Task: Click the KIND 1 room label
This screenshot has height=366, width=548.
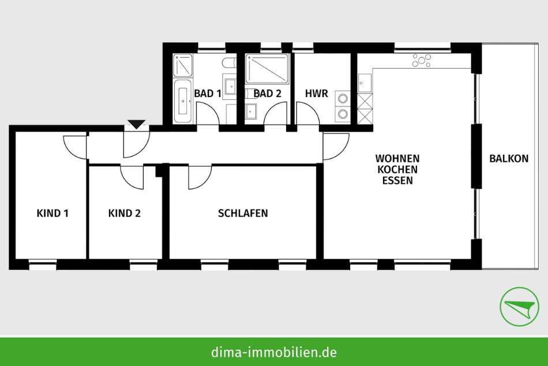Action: click(x=52, y=213)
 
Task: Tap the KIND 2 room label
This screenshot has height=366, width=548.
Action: click(x=125, y=213)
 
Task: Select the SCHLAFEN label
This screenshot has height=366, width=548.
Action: click(x=243, y=213)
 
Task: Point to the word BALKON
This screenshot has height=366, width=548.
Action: click(x=509, y=159)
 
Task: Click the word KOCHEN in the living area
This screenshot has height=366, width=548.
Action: click(x=397, y=169)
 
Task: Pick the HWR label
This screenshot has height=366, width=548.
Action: click(x=317, y=94)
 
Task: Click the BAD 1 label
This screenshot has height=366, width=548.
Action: click(x=208, y=94)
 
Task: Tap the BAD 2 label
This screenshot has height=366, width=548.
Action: click(x=267, y=94)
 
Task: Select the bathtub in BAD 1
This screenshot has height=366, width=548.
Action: click(x=183, y=101)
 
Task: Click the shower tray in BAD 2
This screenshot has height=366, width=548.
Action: click(x=267, y=68)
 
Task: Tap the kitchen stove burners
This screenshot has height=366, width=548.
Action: click(x=422, y=60)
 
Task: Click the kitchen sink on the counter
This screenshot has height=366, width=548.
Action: click(x=365, y=83)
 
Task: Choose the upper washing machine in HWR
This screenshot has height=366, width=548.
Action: click(x=343, y=98)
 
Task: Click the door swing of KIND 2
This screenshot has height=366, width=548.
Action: click(x=132, y=177)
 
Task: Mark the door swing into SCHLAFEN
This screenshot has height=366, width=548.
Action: click(x=200, y=177)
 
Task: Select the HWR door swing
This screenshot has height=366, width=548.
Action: click(x=307, y=113)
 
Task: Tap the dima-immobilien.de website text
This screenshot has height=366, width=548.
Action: click(x=274, y=352)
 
